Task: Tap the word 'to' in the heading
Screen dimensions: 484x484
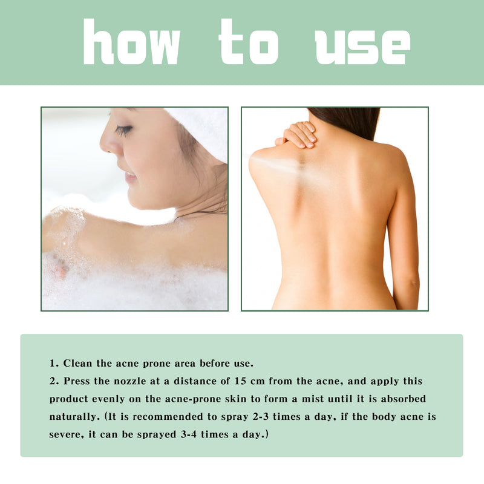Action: pos(249,42)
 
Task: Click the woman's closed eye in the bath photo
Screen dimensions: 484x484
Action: pos(123,129)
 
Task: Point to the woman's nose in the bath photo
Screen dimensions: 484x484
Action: pos(108,144)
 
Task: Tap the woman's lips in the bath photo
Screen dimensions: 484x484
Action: pos(129,176)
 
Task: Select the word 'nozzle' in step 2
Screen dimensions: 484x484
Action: pos(116,381)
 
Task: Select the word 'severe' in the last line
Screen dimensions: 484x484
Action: pos(66,435)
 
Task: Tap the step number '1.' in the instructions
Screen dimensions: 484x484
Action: pos(54,364)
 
